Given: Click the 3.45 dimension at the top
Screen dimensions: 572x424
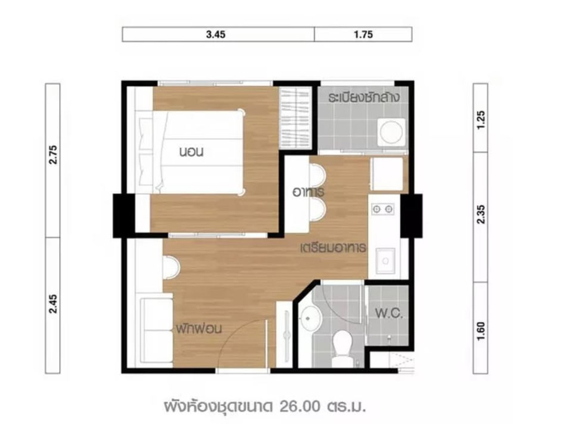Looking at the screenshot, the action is point(215,34).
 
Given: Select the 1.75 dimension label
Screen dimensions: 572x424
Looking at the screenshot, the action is point(363,34).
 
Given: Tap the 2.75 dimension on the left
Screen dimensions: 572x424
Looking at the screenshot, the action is point(53,155).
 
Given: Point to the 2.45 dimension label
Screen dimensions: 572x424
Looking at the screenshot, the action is point(53,303).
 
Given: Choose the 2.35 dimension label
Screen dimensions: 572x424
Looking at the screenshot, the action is point(480,214).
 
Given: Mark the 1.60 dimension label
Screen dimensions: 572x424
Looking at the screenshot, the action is point(480,331).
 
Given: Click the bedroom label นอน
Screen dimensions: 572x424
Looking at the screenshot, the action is point(191,152).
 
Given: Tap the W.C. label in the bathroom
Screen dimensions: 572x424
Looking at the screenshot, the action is point(388,313).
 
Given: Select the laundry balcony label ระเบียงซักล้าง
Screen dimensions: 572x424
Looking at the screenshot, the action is point(364,97).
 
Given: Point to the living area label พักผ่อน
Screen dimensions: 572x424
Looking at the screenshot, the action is point(199,329).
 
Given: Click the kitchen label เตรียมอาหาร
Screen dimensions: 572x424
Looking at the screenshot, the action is point(333,247).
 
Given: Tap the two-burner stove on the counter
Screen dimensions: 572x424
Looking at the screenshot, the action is point(383,209).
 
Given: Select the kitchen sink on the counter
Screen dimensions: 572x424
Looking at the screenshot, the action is point(385,261).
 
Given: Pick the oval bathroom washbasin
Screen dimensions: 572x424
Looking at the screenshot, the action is point(310,319).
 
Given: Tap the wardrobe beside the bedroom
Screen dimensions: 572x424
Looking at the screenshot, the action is point(296,118).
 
